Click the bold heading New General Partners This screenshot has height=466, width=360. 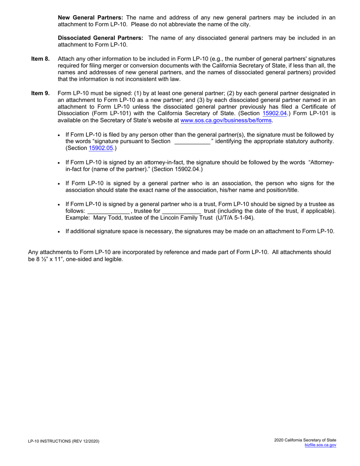click(x=90, y=17)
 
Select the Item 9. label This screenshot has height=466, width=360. click(x=40, y=93)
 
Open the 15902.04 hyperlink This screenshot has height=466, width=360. click(x=274, y=113)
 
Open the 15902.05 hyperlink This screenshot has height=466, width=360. click(x=101, y=149)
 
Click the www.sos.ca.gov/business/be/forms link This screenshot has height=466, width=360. click(x=226, y=120)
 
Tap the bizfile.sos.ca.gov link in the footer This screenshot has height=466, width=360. click(x=320, y=445)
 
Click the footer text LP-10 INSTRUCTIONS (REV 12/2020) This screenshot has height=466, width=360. click(x=64, y=441)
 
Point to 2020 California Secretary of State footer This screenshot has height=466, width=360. click(x=305, y=440)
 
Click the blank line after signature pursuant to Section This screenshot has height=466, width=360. click(x=192, y=142)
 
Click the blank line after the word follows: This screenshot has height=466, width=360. click(x=108, y=211)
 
